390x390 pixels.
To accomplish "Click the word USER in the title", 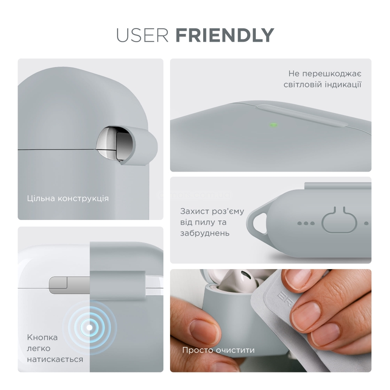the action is point(142,35).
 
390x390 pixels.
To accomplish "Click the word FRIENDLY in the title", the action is point(225,35).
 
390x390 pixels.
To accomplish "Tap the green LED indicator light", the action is point(273,125).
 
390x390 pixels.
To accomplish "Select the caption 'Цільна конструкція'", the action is point(68,199).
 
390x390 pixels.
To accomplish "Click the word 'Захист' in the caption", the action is point(195,211).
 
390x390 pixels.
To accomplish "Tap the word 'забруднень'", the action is point(205,233).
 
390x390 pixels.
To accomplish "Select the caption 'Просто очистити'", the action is point(218,350).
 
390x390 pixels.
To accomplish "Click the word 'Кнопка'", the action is point(42,337).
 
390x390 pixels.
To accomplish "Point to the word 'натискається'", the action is point(55,360).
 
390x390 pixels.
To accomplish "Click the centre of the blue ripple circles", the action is point(89,328).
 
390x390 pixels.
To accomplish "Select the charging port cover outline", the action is point(340,220).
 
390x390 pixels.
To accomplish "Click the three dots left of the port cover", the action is point(306,223).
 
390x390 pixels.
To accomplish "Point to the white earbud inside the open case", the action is point(239,280).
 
